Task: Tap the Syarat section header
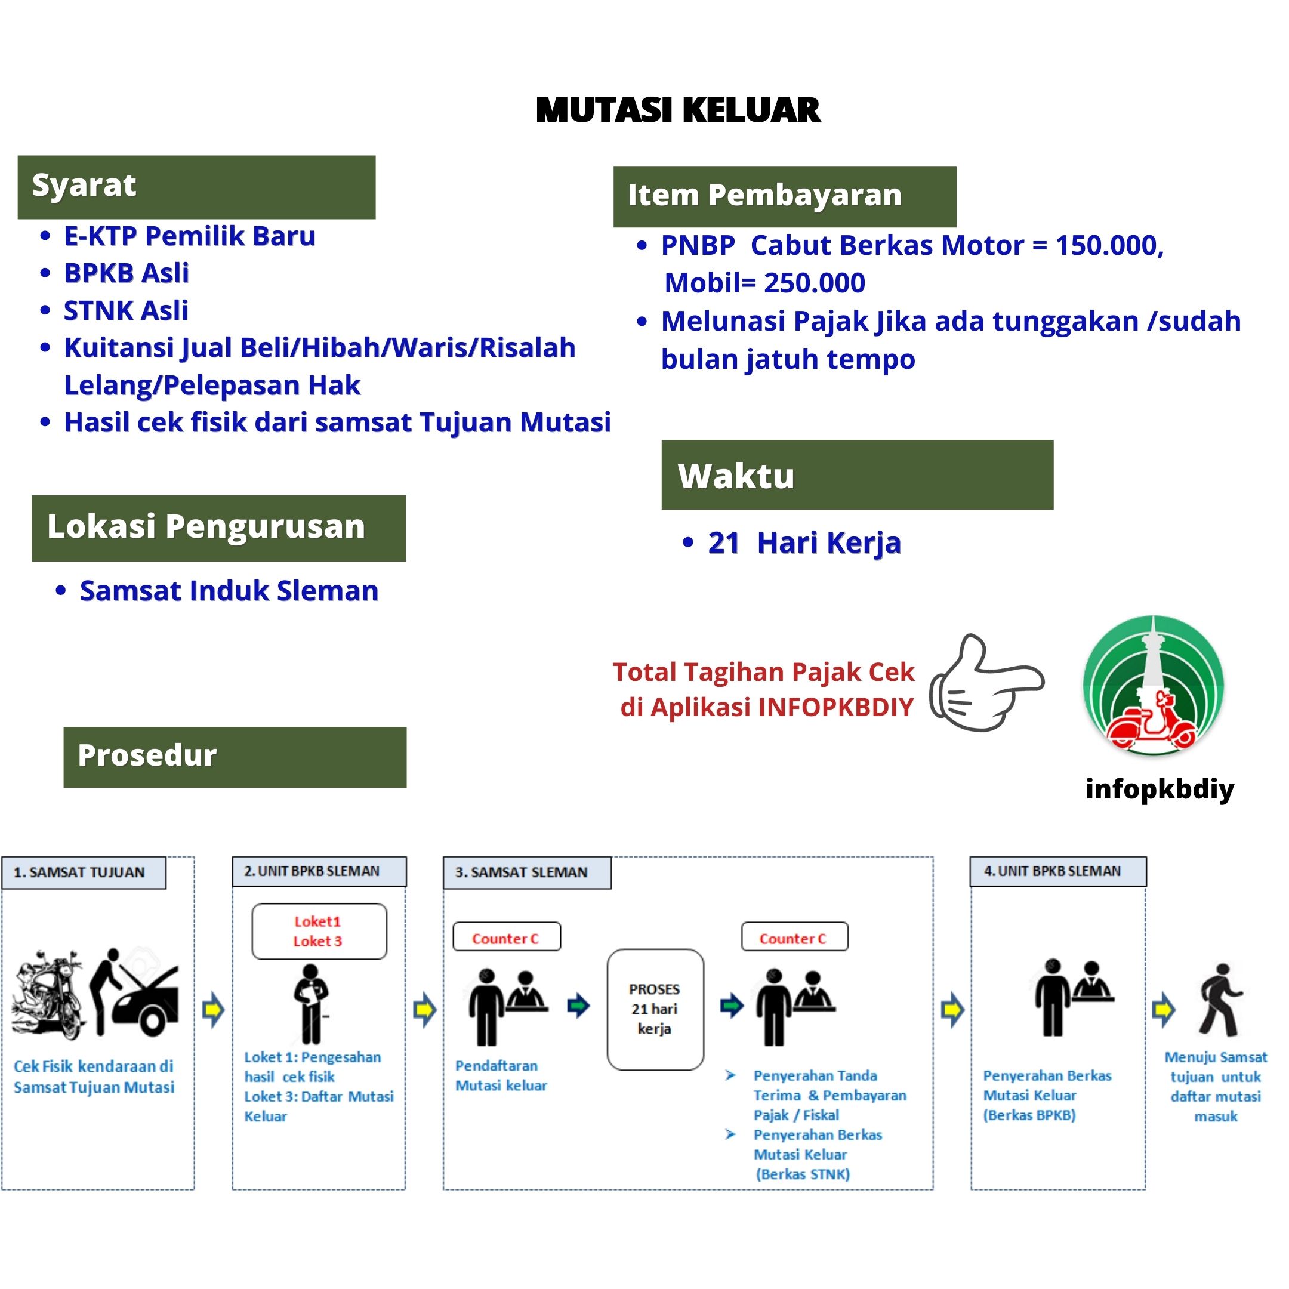pos(196,187)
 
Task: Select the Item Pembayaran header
pos(784,196)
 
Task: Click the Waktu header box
pos(857,475)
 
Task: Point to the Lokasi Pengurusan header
pos(219,528)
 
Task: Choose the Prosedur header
pos(235,757)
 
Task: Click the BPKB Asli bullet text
pos(126,273)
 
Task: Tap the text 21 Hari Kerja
pos(804,542)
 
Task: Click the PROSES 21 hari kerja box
pos(655,1009)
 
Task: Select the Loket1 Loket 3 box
pos(319,932)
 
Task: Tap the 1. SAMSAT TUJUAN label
pos(84,872)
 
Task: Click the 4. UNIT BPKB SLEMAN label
pos(1057,871)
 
